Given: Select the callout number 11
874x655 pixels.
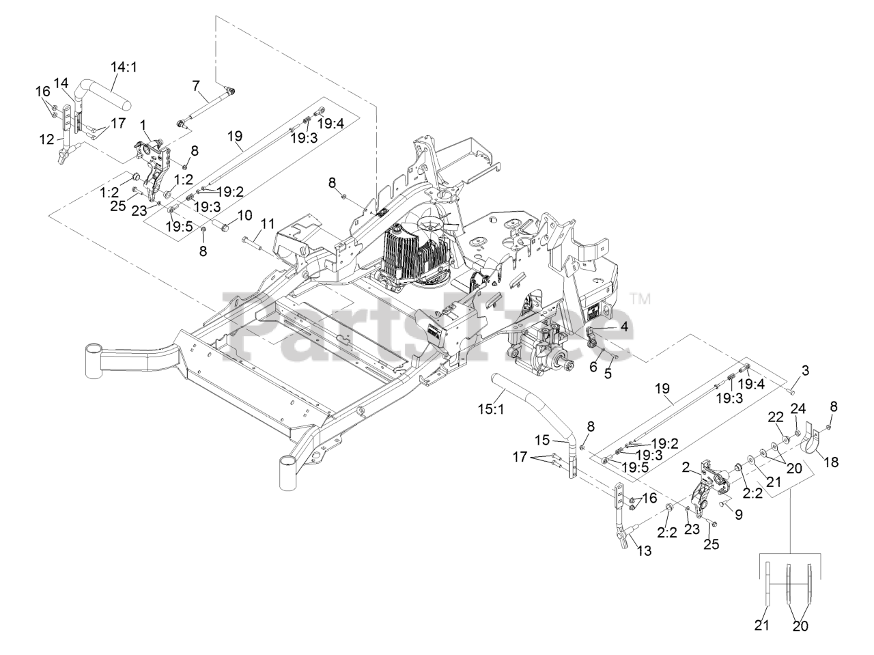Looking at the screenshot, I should point(266,223).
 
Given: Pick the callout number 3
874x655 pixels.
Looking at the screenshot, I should point(806,371).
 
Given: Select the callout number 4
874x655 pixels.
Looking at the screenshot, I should point(623,326).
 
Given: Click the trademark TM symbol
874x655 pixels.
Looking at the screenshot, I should point(639,298).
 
